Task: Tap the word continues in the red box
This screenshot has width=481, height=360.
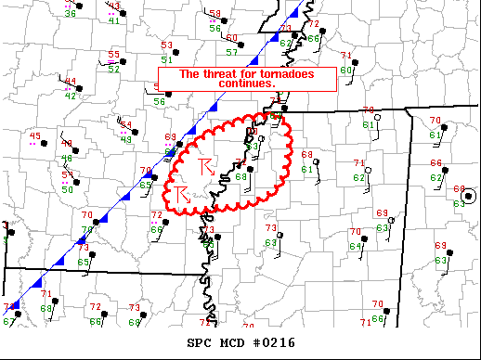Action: (246, 83)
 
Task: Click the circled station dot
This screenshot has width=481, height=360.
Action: (469, 196)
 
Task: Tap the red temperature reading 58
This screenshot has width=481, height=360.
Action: (215, 15)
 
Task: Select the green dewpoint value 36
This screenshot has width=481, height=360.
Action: (71, 14)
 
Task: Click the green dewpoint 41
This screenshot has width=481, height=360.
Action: (113, 19)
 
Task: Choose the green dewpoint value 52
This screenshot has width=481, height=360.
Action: (113, 68)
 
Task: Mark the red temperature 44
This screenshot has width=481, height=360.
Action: (71, 82)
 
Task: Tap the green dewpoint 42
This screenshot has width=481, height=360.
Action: (71, 96)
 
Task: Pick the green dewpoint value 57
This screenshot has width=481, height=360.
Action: (231, 52)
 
